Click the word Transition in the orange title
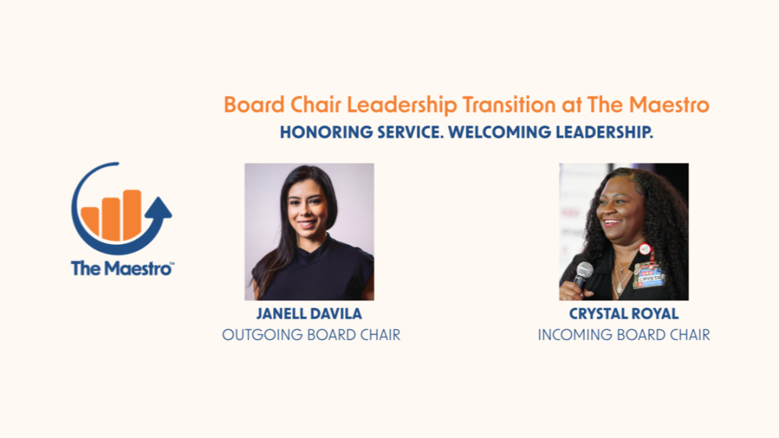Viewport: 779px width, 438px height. click(x=509, y=105)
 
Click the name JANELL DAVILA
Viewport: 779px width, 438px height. click(x=309, y=314)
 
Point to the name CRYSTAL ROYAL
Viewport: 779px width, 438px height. click(x=624, y=314)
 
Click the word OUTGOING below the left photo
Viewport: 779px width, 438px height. click(x=262, y=335)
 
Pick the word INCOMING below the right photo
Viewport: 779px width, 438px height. click(x=575, y=335)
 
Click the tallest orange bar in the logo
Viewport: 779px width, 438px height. click(x=132, y=214)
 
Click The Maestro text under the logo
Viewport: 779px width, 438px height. click(x=122, y=268)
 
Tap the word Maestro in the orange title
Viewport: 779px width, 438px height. click(x=669, y=105)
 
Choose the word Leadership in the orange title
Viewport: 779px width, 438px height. click(x=402, y=105)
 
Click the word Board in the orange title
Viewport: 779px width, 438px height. click(x=254, y=105)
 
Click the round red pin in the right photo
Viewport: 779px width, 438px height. click(x=644, y=249)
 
